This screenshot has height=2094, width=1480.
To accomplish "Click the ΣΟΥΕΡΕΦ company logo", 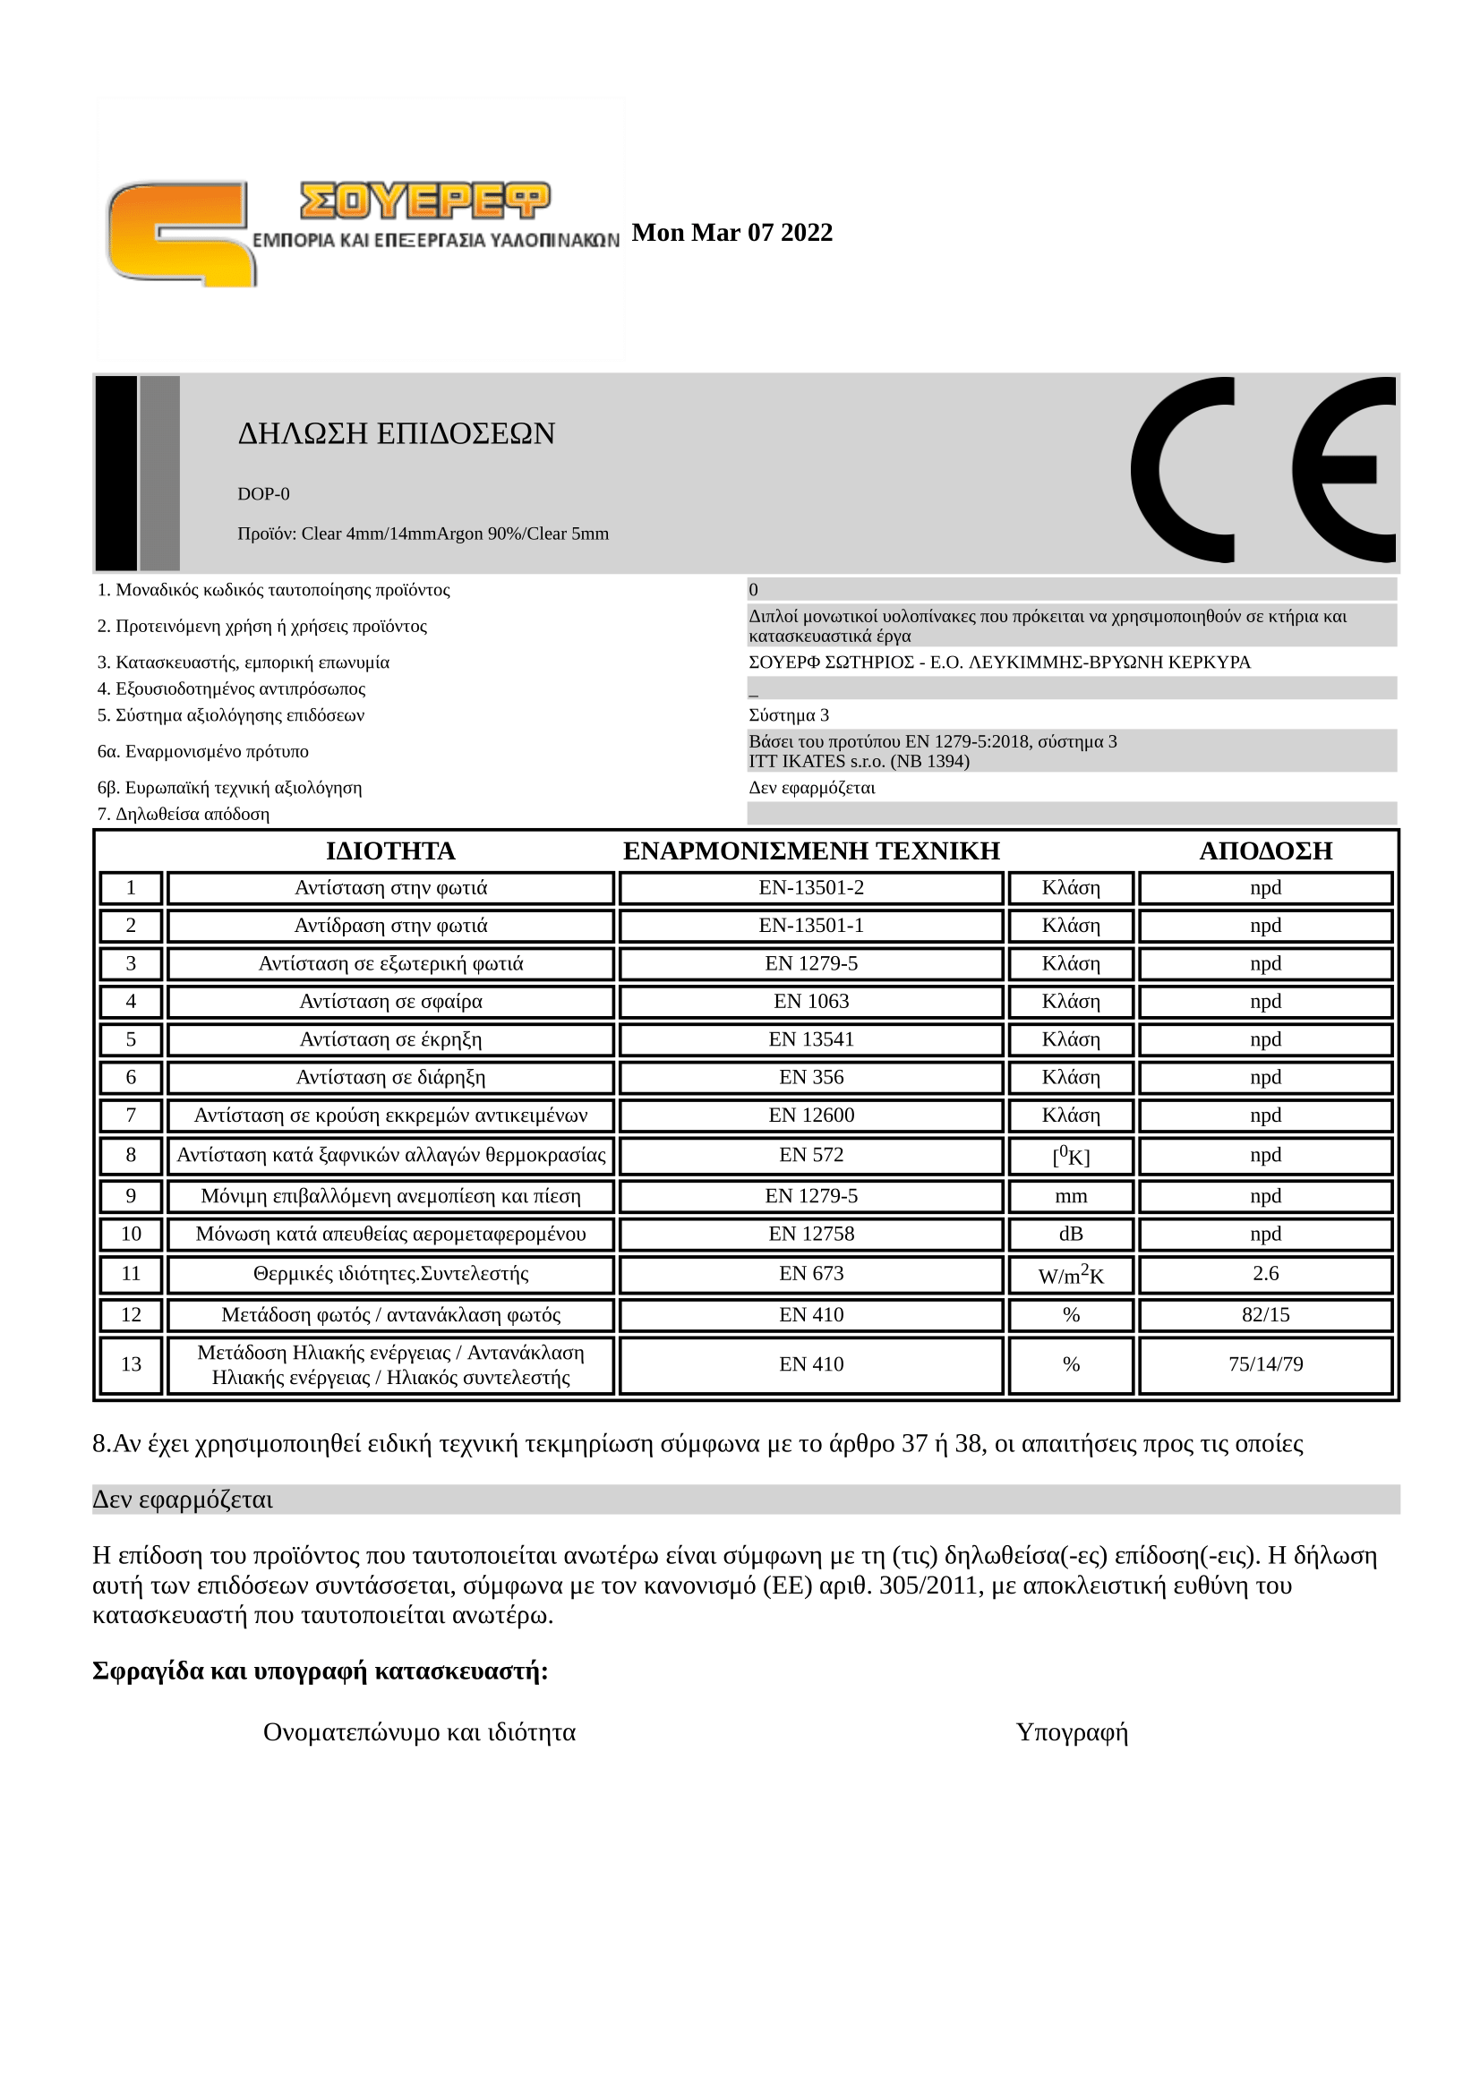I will click(x=360, y=233).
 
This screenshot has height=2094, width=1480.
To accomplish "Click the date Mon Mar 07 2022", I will click(x=731, y=233).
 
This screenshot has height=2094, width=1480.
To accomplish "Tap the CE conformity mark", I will click(x=1262, y=470).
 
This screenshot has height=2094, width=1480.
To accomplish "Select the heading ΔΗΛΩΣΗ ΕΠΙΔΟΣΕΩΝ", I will click(x=396, y=433).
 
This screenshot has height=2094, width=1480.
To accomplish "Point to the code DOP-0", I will click(x=263, y=493).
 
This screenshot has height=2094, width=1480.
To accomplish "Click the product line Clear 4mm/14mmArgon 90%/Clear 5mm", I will click(x=423, y=534).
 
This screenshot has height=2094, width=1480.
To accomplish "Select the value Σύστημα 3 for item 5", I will click(x=789, y=715).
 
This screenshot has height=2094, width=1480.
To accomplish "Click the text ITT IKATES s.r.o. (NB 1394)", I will click(x=859, y=761).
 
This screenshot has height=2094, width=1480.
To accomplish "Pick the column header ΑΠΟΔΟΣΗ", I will click(x=1265, y=850).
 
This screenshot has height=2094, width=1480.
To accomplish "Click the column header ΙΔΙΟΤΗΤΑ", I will click(x=390, y=850).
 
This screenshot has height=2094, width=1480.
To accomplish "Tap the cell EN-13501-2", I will click(x=810, y=887).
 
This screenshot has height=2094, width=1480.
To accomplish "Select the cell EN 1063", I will click(x=810, y=1002).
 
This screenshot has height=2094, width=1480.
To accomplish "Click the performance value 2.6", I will click(x=1265, y=1273).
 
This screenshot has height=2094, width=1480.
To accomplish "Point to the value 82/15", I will click(x=1265, y=1314).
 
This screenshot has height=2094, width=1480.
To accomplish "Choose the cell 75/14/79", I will click(x=1265, y=1364).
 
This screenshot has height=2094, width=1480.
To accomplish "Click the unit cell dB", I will click(x=1071, y=1234).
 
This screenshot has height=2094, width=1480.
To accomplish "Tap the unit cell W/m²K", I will click(x=1071, y=1275).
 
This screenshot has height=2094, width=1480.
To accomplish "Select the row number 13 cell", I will click(x=131, y=1364).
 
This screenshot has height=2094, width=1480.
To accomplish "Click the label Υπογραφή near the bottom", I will click(x=1072, y=1732).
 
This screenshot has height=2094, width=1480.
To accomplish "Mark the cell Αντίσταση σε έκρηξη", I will click(x=390, y=1039).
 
